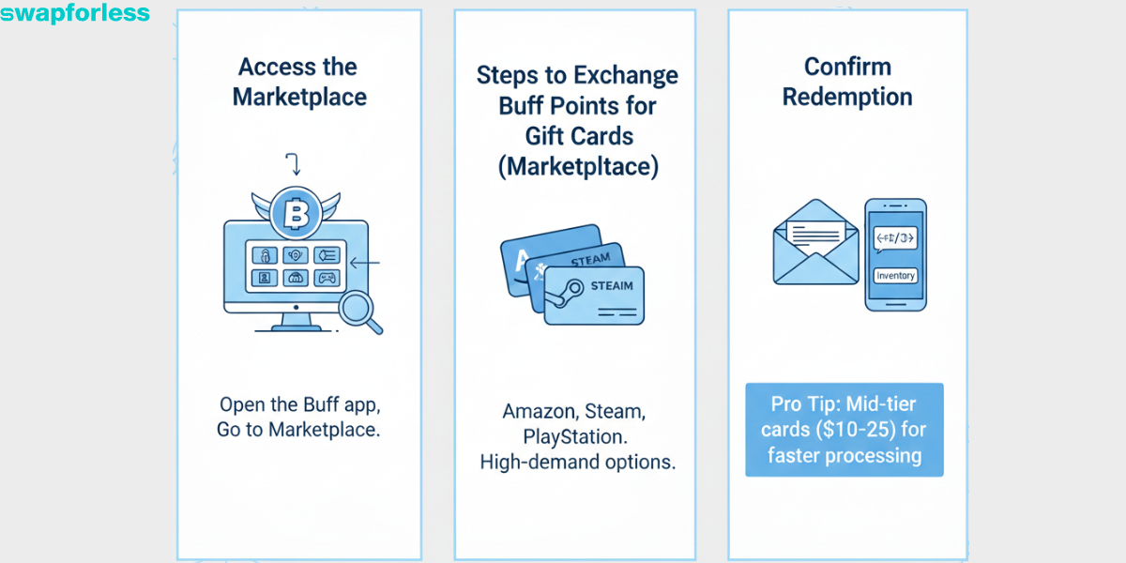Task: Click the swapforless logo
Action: [x=75, y=13]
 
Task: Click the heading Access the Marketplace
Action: [x=298, y=82]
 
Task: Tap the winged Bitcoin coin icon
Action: [x=296, y=215]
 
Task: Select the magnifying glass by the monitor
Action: [x=361, y=312]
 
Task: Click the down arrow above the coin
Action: [x=295, y=166]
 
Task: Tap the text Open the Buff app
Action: [x=298, y=405]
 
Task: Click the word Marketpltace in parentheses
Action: [x=577, y=166]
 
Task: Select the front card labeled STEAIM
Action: [x=595, y=295]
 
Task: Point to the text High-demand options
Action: [x=577, y=462]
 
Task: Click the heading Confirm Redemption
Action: [x=847, y=82]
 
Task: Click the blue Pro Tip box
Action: [x=844, y=430]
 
